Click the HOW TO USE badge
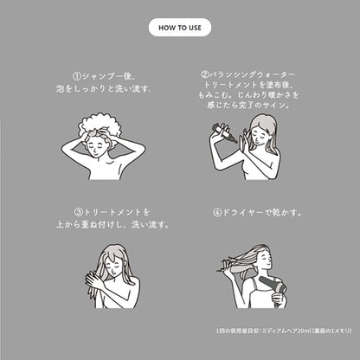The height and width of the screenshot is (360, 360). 180,28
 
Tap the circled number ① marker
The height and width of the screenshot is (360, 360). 76,76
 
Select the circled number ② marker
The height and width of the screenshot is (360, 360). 204,74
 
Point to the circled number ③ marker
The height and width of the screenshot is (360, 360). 79,213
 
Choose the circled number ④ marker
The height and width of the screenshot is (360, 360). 217,213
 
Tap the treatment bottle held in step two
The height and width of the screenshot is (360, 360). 224,132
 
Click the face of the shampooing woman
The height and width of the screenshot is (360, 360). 97,145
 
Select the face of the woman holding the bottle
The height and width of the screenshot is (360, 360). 260,133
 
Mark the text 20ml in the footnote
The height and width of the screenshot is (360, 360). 304,331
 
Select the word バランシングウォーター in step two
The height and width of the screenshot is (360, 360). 252,74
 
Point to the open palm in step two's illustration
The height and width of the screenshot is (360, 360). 245,138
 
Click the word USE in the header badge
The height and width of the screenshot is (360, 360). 195,28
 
